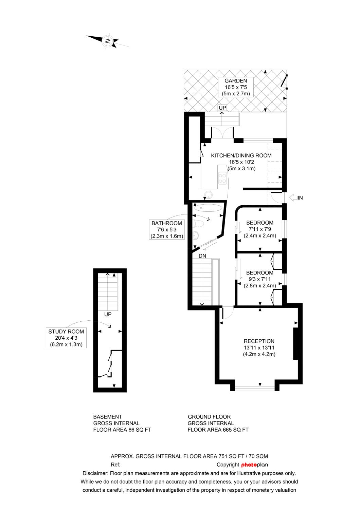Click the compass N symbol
(x=107, y=41)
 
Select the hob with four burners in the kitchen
(x=222, y=178)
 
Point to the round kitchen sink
(x=208, y=194)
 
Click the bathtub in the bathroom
(x=208, y=208)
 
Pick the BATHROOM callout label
(x=167, y=229)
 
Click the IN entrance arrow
(x=296, y=198)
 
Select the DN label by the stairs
(x=202, y=256)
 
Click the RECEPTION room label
(x=259, y=347)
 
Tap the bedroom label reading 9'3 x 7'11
(x=260, y=279)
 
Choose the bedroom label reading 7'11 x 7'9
(x=260, y=229)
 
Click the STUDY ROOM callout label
(x=66, y=338)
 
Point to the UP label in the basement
(x=108, y=314)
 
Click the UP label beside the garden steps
(x=222, y=108)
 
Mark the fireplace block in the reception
(x=295, y=344)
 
